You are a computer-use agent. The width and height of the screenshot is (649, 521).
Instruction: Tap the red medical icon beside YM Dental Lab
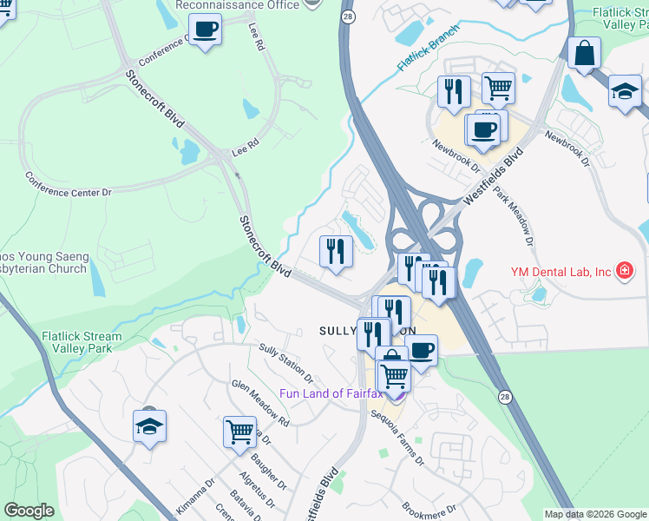tap(623, 271)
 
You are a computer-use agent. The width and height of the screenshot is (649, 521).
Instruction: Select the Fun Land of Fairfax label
tap(331, 393)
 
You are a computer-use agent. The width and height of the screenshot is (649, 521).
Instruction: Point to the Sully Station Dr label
tap(286, 362)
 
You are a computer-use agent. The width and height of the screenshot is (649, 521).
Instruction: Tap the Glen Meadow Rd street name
tap(259, 402)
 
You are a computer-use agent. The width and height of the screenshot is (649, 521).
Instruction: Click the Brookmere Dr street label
tap(429, 509)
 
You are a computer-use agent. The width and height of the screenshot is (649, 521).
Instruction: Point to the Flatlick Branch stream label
tap(425, 55)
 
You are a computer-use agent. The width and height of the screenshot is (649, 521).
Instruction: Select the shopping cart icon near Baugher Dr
tap(239, 431)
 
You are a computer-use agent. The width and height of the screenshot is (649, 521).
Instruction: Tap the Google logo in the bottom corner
tap(29, 511)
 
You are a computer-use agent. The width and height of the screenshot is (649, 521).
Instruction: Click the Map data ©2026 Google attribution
tap(594, 514)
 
